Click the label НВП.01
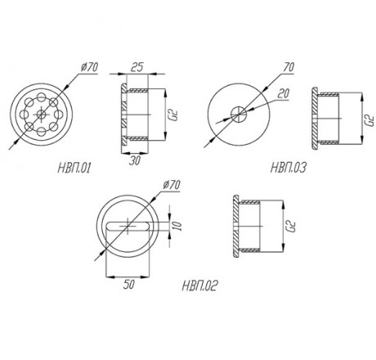tap(74, 168)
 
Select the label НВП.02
tap(200, 286)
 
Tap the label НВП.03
tap(289, 167)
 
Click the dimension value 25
tap(137, 67)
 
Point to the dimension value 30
tap(135, 160)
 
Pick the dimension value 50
tap(128, 285)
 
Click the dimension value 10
tap(177, 226)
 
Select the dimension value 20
tap(283, 93)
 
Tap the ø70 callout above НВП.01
tap(90, 67)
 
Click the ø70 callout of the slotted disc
tap(172, 185)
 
